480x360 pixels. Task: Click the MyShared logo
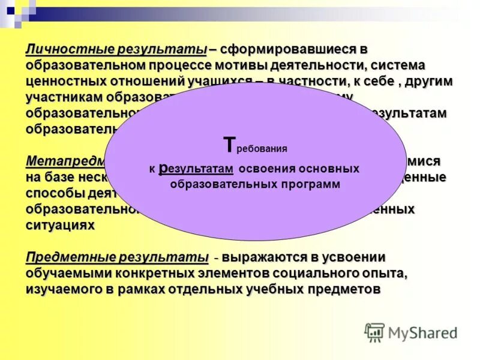(410, 332)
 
